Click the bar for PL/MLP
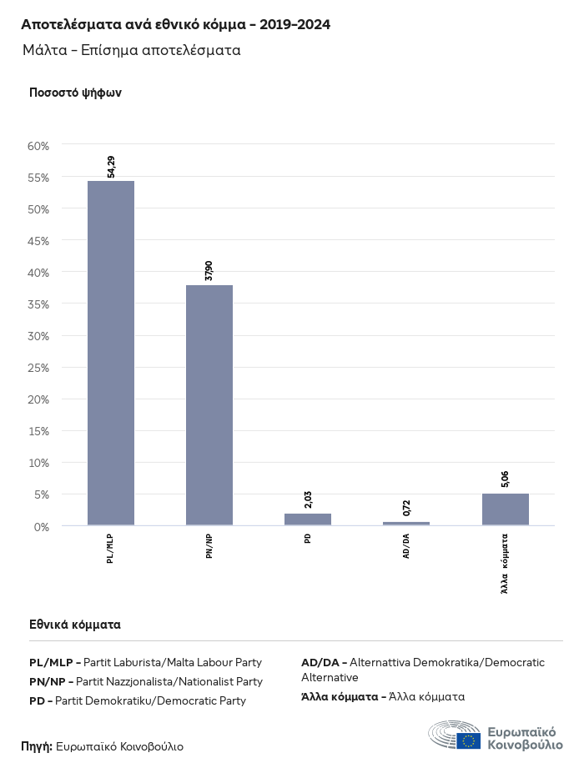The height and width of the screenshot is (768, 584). point(111,353)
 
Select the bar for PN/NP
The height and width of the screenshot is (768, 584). point(209,405)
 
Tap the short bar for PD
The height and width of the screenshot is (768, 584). point(308,520)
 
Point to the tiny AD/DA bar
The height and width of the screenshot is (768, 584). point(406,524)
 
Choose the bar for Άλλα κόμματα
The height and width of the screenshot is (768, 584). point(505,509)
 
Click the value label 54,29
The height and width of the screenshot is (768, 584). point(111,167)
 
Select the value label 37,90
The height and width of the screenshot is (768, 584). point(209,270)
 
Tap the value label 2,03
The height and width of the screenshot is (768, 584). point(308,499)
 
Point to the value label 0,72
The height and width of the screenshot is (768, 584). point(406,508)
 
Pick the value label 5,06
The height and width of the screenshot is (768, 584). point(505,479)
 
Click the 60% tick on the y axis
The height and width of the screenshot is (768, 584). point(39,145)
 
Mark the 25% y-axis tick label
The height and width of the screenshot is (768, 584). point(39,368)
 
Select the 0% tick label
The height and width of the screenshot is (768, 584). point(42,526)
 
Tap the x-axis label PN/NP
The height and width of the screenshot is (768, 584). point(209,546)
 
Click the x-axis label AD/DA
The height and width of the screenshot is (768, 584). point(406,546)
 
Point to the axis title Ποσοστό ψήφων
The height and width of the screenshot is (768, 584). point(76,93)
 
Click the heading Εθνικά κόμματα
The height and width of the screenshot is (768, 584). point(75,624)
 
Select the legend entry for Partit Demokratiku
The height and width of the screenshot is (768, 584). point(138,700)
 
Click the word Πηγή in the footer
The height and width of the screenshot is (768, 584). point(37,746)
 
